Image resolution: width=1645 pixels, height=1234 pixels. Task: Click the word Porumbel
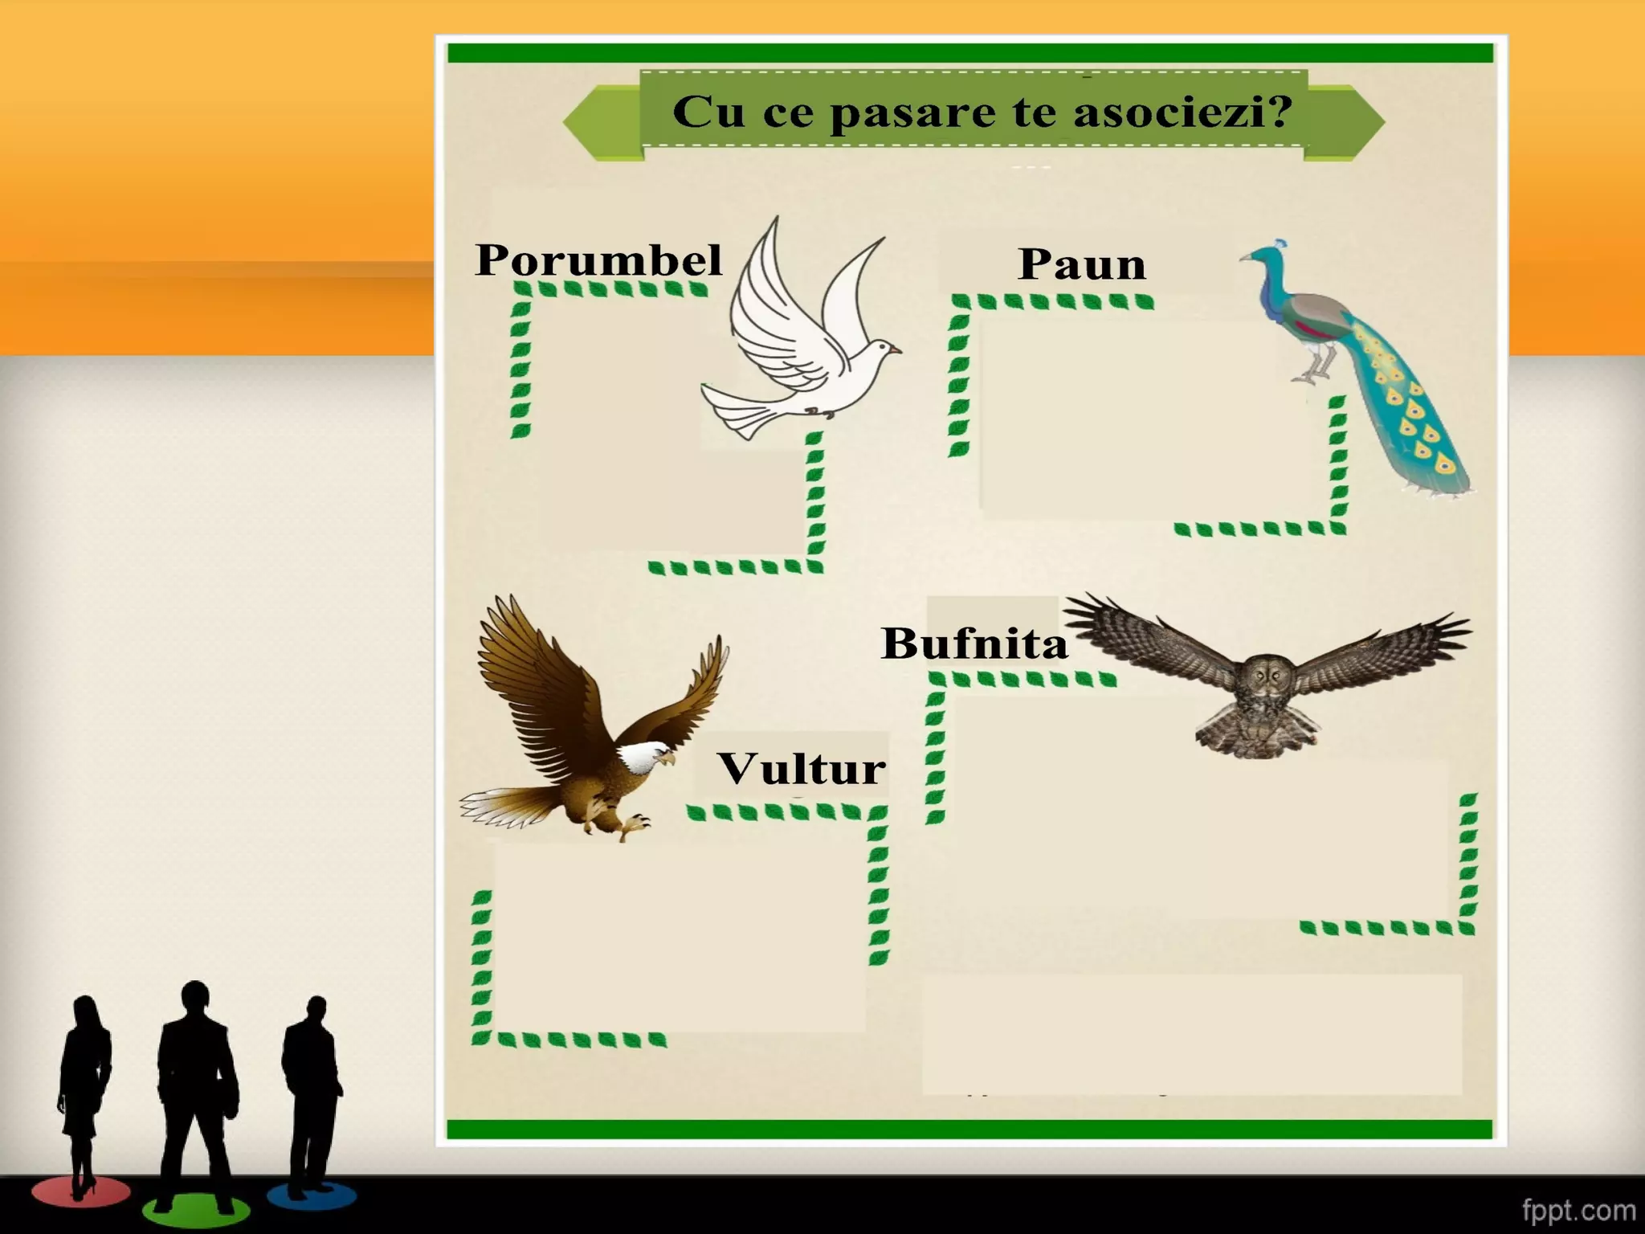(x=598, y=259)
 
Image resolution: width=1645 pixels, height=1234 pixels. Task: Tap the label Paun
(x=1081, y=264)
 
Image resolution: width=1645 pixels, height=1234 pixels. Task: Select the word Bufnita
(x=974, y=644)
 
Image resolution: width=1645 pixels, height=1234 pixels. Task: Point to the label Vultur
(x=802, y=769)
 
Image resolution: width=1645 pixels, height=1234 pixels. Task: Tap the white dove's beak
(x=896, y=349)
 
